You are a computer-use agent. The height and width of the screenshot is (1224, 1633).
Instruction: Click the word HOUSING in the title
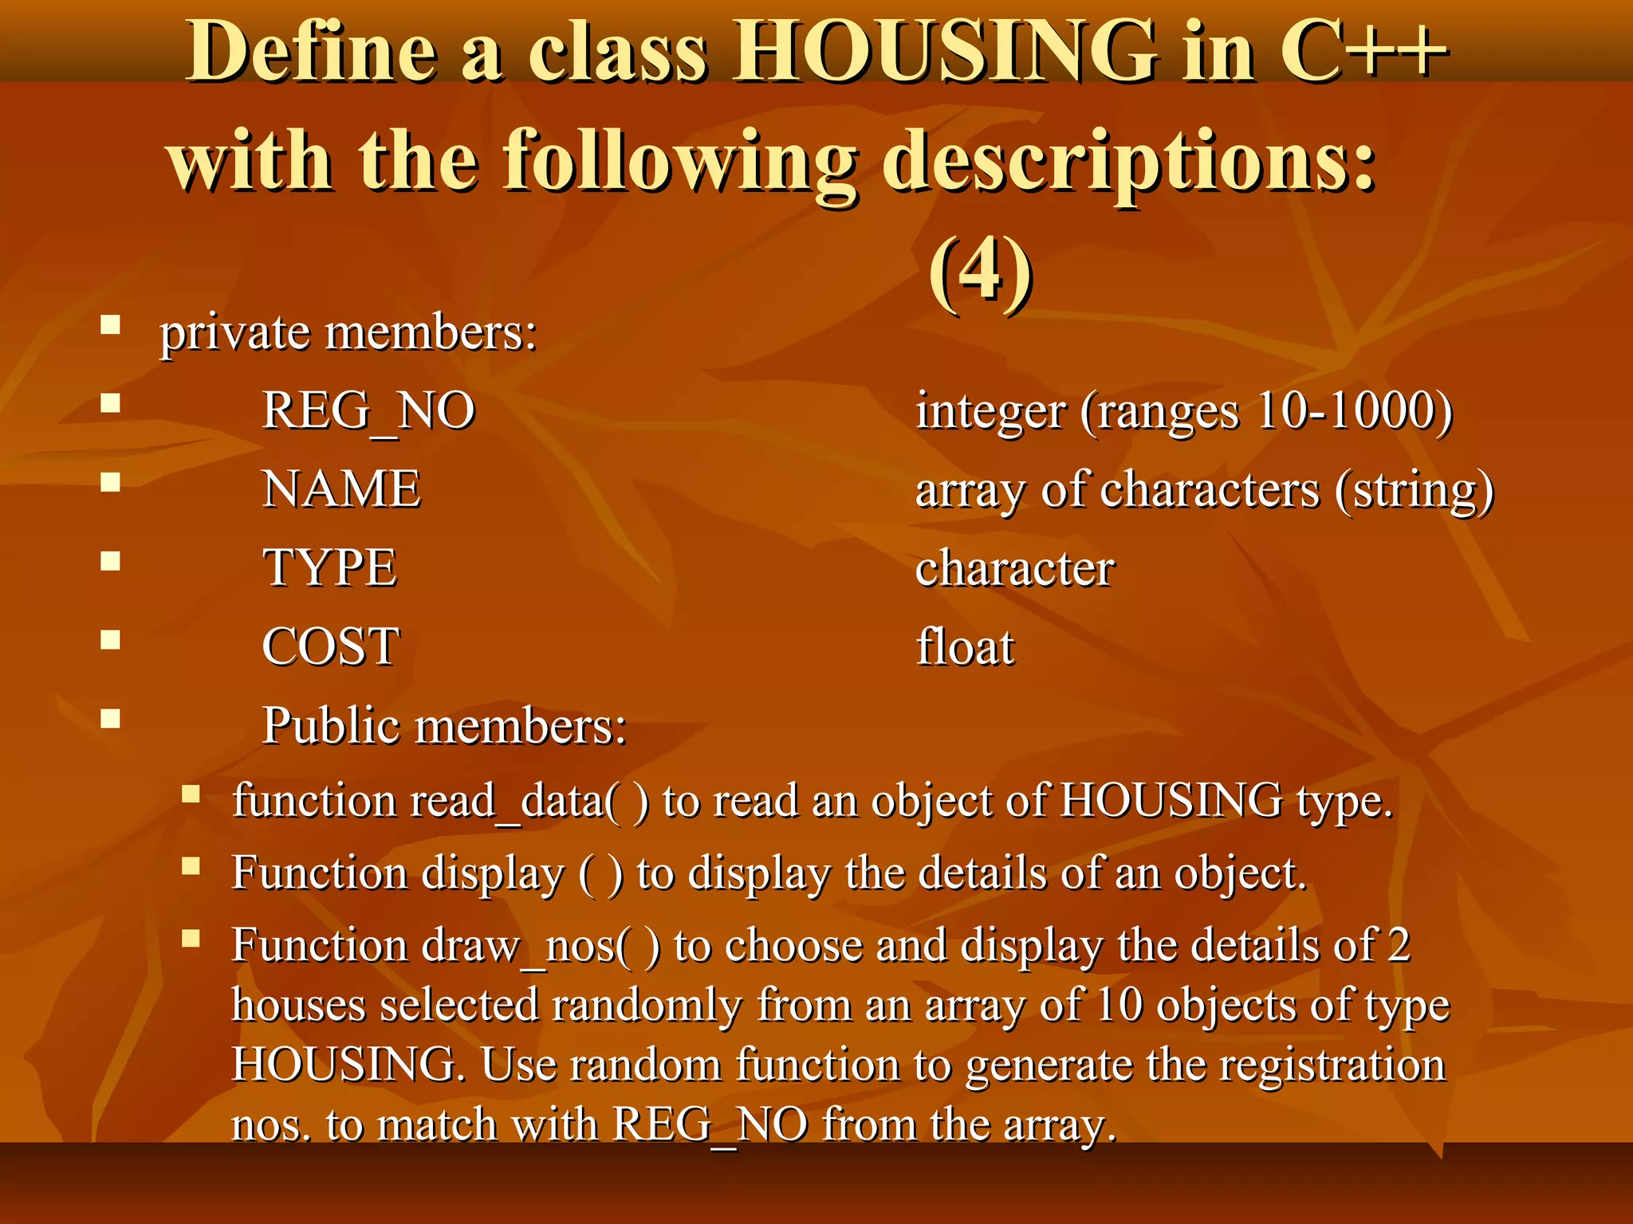pos(946,52)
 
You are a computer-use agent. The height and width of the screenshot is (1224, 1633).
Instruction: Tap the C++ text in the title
pos(1363,52)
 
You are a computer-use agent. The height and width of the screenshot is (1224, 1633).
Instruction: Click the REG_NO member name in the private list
pos(368,412)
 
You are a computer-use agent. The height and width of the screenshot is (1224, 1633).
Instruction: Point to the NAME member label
pos(341,489)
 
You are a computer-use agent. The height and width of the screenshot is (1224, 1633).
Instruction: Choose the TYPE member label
pos(329,568)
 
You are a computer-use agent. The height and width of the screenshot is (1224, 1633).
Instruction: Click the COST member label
pos(330,646)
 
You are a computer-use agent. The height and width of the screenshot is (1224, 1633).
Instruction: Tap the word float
pos(965,646)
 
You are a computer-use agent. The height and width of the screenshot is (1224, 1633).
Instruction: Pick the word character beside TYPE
pos(1014,569)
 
